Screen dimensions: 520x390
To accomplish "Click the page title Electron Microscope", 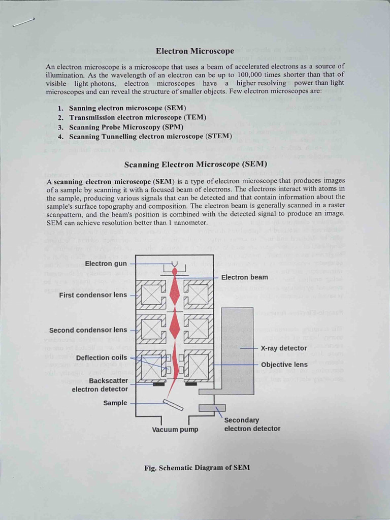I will tap(194, 51).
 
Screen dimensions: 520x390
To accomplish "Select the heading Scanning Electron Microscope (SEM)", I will tap(196, 164).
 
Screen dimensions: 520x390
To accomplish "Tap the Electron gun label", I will tap(107, 264).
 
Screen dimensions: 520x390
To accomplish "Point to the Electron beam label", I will tap(244, 277).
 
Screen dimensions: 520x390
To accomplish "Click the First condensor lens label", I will tap(93, 295).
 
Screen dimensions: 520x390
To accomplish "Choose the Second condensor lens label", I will tap(88, 330).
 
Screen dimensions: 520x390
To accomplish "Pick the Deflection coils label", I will tap(102, 357).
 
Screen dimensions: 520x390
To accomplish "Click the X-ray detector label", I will tap(283, 348).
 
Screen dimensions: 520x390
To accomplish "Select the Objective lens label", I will tap(284, 365).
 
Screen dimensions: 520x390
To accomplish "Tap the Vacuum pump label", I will tap(175, 430).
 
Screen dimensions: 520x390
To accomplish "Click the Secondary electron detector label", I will tap(252, 425).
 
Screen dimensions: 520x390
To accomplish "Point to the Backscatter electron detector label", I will tap(100, 385).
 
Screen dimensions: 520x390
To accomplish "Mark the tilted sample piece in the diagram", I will tap(173, 405).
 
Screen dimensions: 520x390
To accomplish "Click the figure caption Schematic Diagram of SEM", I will tap(197, 468).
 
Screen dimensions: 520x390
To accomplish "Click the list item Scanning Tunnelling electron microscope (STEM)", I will tap(150, 136).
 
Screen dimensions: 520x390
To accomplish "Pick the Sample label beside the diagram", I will tap(115, 403).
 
